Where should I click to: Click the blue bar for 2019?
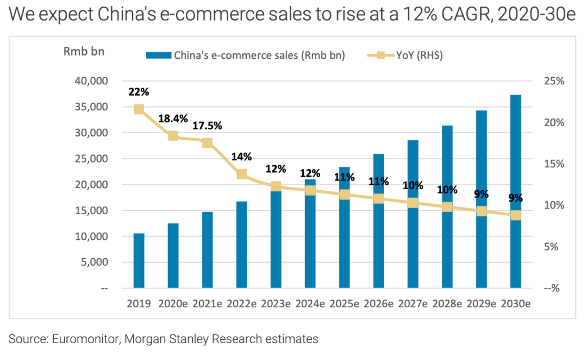(139, 260)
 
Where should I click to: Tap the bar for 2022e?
(242, 244)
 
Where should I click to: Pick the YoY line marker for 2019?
(139, 109)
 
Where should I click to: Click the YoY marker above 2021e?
(208, 143)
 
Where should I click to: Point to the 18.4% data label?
(173, 118)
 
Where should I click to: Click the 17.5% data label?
(208, 126)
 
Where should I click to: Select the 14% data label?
(242, 157)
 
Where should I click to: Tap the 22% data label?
(139, 92)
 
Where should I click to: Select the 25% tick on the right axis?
(554, 81)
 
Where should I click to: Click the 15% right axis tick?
(554, 164)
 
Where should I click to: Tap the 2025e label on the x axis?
(345, 304)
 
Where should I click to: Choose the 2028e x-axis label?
(447, 304)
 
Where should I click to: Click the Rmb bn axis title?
(84, 52)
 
